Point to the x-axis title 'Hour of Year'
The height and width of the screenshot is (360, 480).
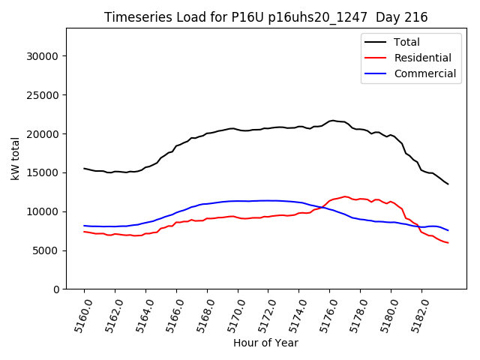[265, 343]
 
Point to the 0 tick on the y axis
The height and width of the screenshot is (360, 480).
[56, 289]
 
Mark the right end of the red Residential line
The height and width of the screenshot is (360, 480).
[448, 243]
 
